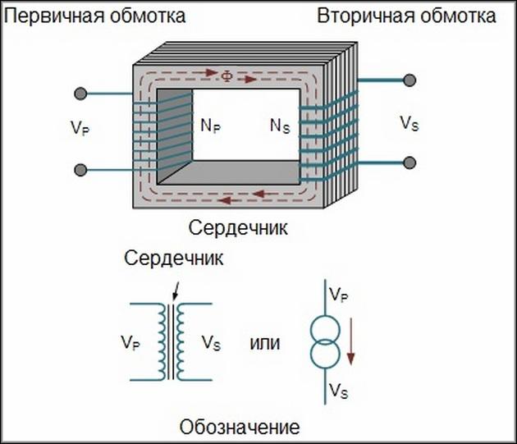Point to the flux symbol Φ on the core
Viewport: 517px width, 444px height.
click(227, 76)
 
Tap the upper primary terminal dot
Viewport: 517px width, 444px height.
click(80, 94)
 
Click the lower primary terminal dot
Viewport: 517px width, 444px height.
click(80, 170)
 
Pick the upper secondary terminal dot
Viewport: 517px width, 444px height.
click(410, 80)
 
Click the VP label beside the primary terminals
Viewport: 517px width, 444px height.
click(80, 128)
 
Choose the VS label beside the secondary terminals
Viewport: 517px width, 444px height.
click(409, 124)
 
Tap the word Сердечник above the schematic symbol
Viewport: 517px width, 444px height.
click(174, 259)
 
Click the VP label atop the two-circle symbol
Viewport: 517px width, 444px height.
click(340, 294)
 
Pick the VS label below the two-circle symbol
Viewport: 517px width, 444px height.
click(340, 390)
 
